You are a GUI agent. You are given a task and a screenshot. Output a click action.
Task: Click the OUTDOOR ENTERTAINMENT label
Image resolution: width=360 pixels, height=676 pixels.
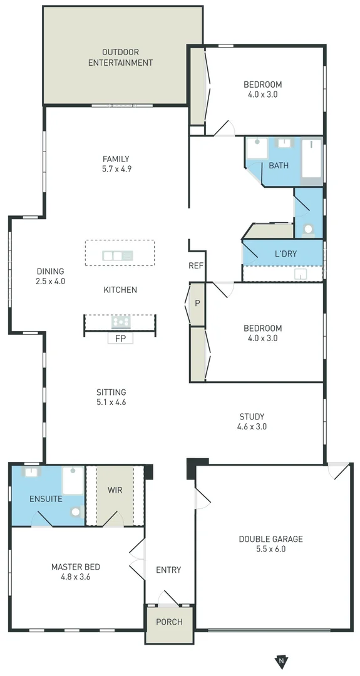pyautogui.click(x=120, y=58)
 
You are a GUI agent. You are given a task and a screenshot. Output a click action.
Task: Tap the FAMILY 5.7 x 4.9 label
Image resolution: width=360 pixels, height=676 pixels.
pyautogui.click(x=116, y=164)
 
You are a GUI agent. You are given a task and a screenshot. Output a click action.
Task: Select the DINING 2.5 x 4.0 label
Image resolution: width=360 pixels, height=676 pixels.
pyautogui.click(x=50, y=276)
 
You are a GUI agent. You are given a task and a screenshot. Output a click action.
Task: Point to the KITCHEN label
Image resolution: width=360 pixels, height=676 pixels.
pyautogui.click(x=120, y=290)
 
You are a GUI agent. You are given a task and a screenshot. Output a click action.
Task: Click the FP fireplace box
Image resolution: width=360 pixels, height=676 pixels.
pyautogui.click(x=120, y=339)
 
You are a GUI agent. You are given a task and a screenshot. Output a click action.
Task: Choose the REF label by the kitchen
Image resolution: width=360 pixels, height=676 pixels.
pyautogui.click(x=196, y=266)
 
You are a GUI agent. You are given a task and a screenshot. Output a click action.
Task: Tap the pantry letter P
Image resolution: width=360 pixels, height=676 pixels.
pyautogui.click(x=197, y=304)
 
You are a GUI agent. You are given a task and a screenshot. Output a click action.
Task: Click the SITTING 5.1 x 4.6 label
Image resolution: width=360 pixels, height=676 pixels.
pyautogui.click(x=111, y=397)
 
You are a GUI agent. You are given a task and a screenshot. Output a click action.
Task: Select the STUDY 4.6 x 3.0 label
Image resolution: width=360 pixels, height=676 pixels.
pyautogui.click(x=252, y=421)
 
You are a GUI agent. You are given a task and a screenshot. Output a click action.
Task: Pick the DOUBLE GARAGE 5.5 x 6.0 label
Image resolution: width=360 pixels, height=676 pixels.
pyautogui.click(x=270, y=544)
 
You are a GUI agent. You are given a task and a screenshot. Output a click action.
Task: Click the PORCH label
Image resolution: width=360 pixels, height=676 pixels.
pyautogui.click(x=169, y=622)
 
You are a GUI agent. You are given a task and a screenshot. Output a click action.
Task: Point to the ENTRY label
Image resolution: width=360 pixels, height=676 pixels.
pyautogui.click(x=168, y=570)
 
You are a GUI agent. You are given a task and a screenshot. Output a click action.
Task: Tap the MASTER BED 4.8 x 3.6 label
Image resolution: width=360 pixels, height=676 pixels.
pyautogui.click(x=75, y=572)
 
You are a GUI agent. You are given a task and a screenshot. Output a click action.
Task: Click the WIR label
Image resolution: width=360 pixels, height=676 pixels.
pyautogui.click(x=115, y=489)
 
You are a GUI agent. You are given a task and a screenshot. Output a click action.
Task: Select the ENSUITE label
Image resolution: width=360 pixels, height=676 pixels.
pyautogui.click(x=46, y=499)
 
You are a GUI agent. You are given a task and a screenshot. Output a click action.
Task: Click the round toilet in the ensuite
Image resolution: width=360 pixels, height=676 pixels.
pyautogui.click(x=76, y=511)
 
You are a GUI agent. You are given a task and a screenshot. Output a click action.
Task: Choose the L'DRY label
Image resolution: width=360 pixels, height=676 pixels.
pyautogui.click(x=285, y=254)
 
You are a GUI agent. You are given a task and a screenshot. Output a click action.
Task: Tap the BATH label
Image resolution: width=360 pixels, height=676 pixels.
pyautogui.click(x=279, y=166)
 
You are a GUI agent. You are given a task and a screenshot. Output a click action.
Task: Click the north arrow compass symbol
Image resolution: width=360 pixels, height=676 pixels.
pyautogui.click(x=282, y=660)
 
